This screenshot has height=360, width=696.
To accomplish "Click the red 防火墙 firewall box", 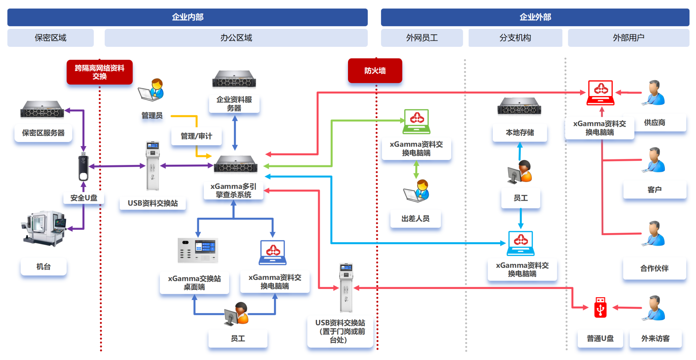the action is point(375,71).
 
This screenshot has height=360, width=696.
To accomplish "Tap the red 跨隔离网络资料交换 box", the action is point(100,72).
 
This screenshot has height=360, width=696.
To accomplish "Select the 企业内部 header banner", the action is point(188,17).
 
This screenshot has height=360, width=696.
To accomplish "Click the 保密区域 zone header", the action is point(51,38).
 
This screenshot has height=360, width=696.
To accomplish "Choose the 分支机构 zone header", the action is point(515,38).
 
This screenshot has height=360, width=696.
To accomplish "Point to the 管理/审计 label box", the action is point(196,136).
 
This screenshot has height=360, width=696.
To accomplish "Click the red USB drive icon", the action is point(601,307).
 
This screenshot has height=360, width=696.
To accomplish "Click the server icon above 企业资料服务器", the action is point(234,79).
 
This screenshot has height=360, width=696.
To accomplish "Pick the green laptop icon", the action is point(417,122).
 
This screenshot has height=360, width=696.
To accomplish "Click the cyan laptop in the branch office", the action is point(521,244).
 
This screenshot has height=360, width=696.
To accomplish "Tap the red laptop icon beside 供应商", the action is point(601,93).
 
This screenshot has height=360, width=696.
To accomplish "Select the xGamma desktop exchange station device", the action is point(198,250).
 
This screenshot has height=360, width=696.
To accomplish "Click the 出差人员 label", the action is point(416,219).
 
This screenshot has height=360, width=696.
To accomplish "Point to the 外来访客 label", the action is point(656,339).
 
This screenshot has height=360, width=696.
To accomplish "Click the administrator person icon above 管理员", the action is point(151,90).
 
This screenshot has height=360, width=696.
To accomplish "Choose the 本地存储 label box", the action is point(520,132).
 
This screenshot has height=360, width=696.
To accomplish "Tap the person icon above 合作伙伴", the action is point(654,234).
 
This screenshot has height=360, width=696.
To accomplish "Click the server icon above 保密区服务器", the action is point(42,109).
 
